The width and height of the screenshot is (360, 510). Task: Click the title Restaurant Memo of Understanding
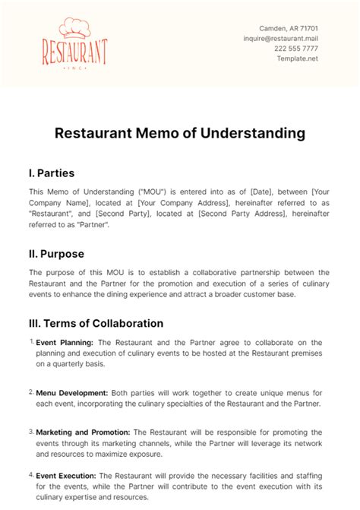(180, 133)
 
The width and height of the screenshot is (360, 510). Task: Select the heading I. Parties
(52, 173)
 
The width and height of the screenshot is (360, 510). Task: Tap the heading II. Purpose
(56, 253)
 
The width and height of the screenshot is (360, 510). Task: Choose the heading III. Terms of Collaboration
(96, 323)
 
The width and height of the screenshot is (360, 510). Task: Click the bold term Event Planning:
(64, 342)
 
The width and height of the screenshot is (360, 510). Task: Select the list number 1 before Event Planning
(31, 341)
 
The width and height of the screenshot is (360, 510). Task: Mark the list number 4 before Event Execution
(31, 474)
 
